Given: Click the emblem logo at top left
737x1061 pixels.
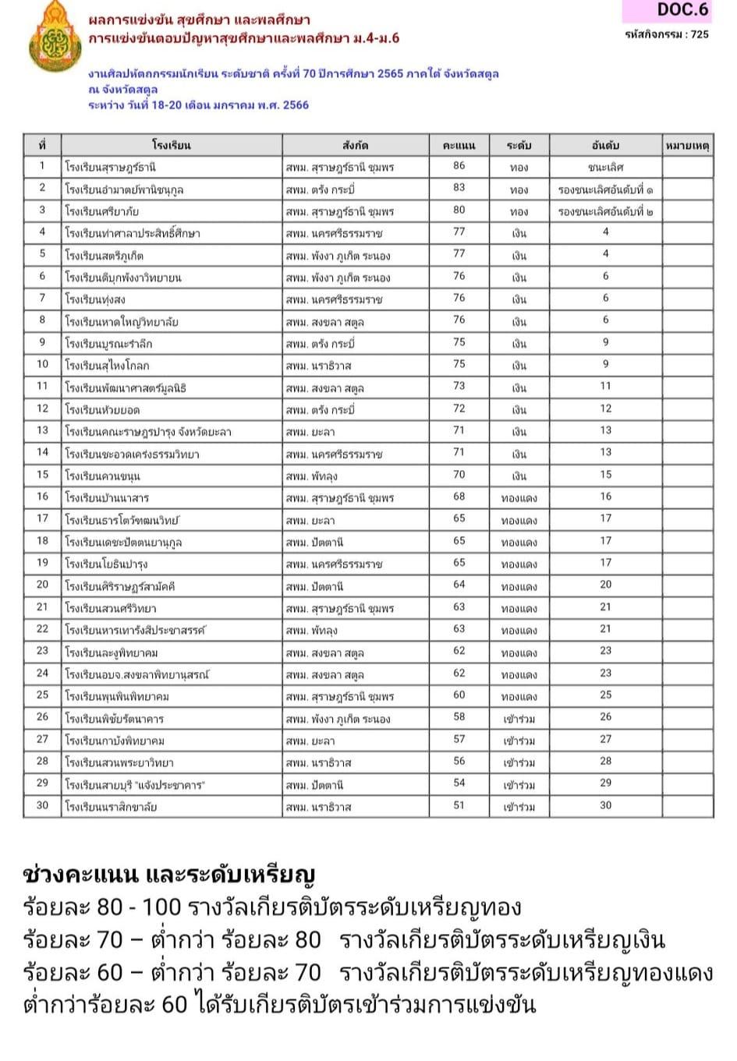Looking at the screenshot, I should tap(54, 37).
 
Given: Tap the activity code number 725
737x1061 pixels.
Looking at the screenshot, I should tap(700, 34).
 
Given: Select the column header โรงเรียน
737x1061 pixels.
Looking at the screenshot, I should tap(172, 145).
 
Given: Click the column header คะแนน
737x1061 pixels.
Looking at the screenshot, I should tap(459, 145).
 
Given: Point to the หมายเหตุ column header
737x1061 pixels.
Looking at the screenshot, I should tap(687, 145).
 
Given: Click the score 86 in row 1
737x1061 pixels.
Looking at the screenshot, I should tap(459, 166).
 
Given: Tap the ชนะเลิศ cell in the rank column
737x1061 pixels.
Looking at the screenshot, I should tap(605, 167).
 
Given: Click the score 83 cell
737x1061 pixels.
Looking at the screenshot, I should tap(459, 188).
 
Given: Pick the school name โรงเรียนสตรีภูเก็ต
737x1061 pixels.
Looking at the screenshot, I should tap(105, 255).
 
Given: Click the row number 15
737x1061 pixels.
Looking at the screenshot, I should tap(42, 475).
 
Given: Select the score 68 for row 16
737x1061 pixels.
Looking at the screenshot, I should tap(459, 497).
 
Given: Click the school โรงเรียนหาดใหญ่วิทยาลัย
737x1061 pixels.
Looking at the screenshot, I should tap(122, 321).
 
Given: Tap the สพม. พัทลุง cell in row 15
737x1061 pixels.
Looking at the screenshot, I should tap(312, 476).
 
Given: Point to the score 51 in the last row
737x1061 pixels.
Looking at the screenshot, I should tap(459, 805).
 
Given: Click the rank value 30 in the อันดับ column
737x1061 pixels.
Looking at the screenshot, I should tap(605, 805).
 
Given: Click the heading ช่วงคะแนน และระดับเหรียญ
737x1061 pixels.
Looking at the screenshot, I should tap(169, 875).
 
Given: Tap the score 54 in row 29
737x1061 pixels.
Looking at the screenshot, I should tap(459, 783).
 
